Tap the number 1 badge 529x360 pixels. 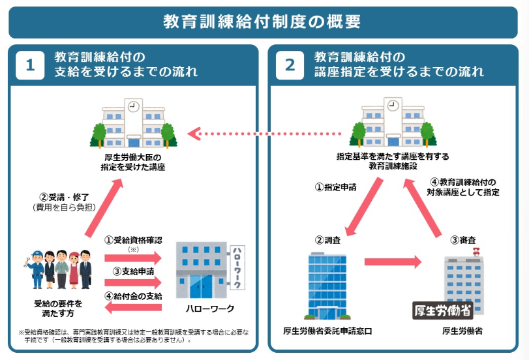coord(29,65)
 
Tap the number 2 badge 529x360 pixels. coord(290,65)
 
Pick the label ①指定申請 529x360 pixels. coord(336,187)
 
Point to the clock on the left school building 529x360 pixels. coord(133,106)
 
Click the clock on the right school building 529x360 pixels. coord(391,104)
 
